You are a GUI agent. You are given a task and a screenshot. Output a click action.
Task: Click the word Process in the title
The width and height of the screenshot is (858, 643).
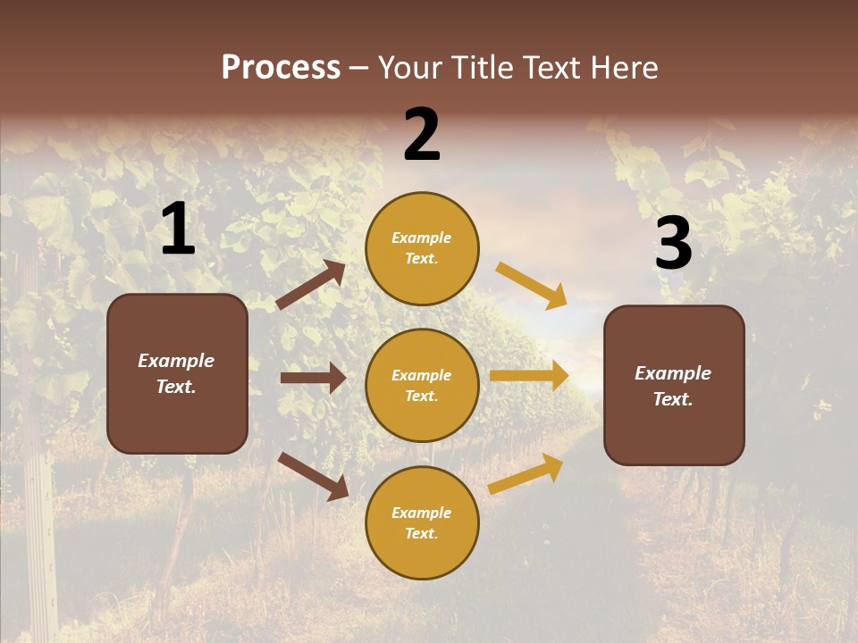(x=281, y=68)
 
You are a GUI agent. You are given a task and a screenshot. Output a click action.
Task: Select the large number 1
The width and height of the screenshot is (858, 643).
(x=178, y=230)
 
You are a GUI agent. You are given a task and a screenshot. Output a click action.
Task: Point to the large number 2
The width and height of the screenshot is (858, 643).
(x=422, y=135)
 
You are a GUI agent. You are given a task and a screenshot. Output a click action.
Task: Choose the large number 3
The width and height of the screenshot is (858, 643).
(x=673, y=244)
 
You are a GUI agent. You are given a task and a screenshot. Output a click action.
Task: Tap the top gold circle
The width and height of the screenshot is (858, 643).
(x=422, y=248)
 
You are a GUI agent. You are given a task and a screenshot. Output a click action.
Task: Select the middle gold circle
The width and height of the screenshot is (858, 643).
(x=422, y=385)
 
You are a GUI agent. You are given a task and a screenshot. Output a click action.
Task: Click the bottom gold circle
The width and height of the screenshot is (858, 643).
(x=422, y=522)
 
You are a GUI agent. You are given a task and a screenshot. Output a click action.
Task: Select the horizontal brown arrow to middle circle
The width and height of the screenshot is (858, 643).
(x=313, y=378)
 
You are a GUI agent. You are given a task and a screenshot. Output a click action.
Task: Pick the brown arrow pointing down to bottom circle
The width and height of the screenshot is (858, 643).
(x=313, y=475)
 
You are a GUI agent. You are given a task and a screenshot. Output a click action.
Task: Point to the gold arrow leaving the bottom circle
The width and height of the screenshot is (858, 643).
(x=526, y=474)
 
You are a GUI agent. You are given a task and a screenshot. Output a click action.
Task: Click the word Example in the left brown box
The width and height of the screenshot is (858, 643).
(x=176, y=361)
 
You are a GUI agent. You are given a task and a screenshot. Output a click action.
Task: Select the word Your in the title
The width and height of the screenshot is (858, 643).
(x=408, y=68)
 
